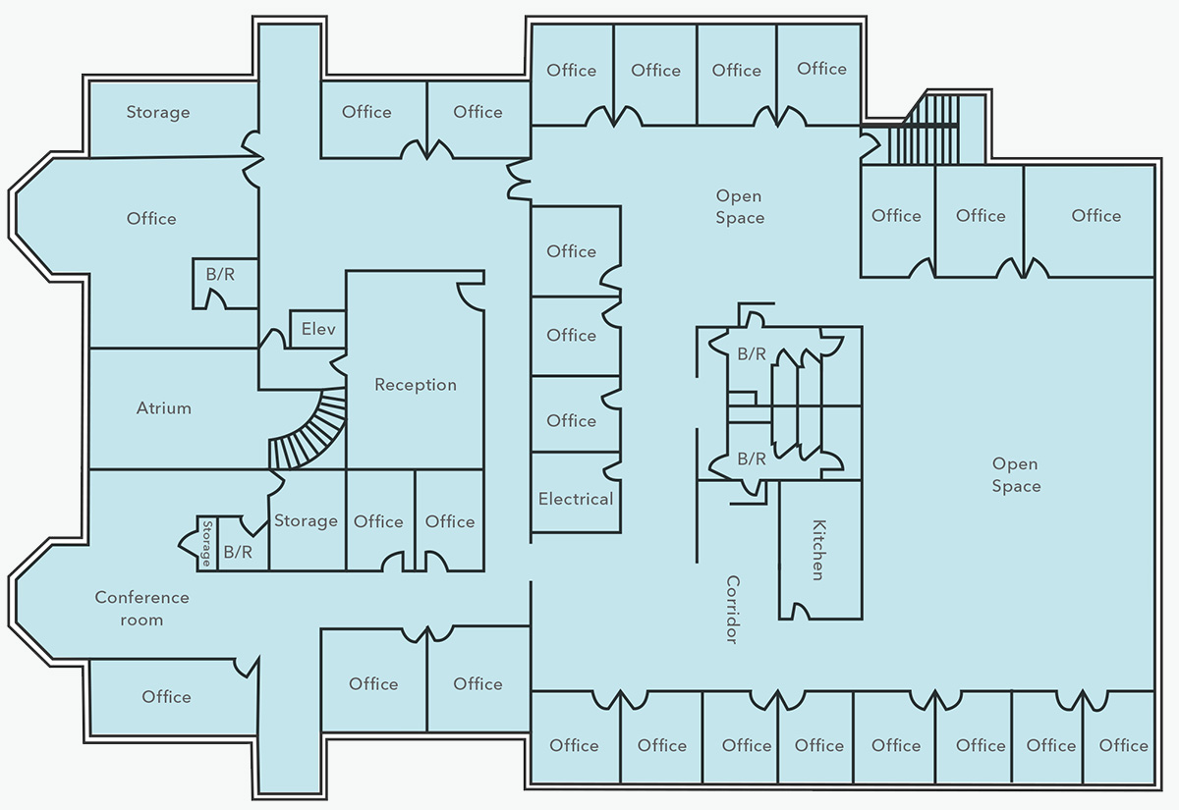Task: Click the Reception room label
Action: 416,385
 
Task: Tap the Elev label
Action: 318,328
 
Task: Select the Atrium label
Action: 164,407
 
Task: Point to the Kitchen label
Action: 817,550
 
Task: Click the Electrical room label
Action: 576,499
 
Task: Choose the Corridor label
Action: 732,610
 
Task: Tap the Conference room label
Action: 142,609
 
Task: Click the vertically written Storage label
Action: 206,544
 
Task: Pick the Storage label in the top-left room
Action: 158,112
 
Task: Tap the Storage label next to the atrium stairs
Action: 306,520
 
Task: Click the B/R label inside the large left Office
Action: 220,274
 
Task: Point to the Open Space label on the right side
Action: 1016,475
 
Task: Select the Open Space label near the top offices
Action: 740,207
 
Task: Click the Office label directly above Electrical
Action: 572,420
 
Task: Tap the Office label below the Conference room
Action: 167,696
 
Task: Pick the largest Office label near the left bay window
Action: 151,218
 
